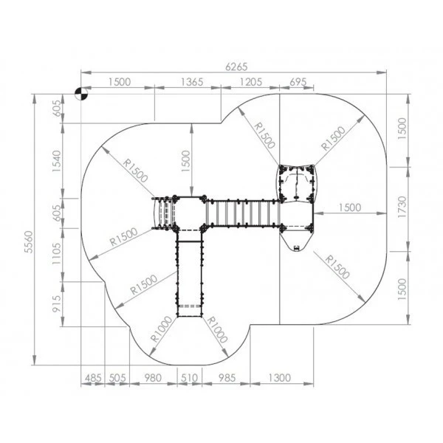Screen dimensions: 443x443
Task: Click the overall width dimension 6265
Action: point(236,66)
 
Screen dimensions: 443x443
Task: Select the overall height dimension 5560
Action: point(29,242)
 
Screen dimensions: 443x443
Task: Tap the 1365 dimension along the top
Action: point(192,82)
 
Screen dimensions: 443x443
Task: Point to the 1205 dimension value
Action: point(251,82)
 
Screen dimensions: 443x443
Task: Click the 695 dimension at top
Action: point(298,82)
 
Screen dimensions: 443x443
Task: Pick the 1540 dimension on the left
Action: point(57,161)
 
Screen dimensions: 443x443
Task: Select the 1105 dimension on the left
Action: point(57,253)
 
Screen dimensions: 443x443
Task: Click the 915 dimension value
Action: point(57,303)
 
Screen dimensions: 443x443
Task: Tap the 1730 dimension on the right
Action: point(402,207)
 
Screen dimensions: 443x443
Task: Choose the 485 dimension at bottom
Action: point(93,378)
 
